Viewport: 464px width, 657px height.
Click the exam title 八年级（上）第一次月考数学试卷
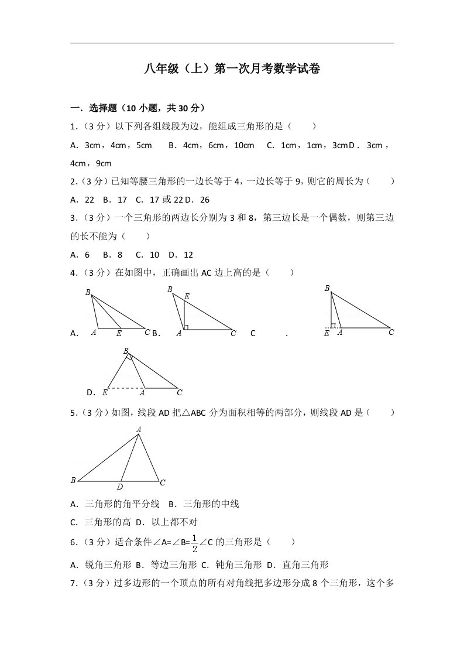tap(232, 69)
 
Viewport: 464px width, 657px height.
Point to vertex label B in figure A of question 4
tap(88, 292)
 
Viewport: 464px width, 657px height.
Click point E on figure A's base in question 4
tap(119, 333)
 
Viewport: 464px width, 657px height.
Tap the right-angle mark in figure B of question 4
tap(185, 327)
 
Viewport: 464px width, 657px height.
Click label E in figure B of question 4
tap(187, 297)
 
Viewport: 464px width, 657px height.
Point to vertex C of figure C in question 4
tap(391, 332)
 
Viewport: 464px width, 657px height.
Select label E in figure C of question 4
tap(326, 333)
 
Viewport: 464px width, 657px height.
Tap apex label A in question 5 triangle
tap(139, 430)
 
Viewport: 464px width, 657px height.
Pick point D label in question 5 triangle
tap(119, 487)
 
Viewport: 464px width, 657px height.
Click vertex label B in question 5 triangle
tap(73, 480)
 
